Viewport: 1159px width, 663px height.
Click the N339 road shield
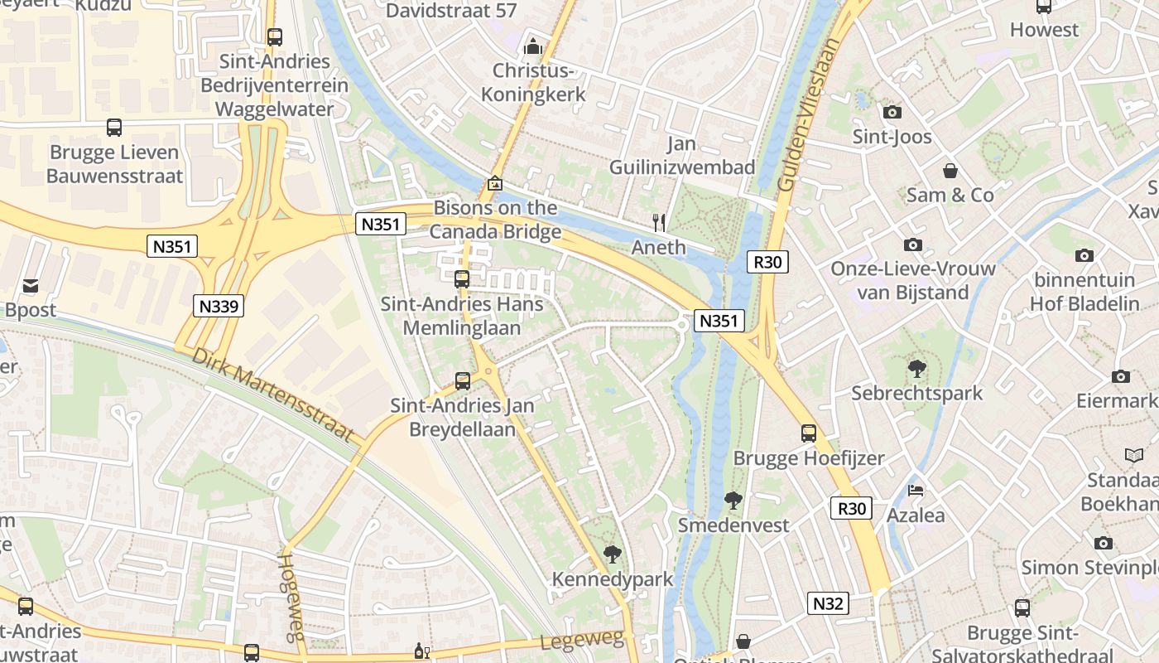(219, 306)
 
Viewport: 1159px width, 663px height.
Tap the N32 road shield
(828, 603)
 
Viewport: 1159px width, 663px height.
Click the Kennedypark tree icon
(612, 554)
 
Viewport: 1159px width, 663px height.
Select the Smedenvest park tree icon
(733, 500)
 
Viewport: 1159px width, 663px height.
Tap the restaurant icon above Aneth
(659, 222)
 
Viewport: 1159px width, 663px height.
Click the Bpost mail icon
(31, 286)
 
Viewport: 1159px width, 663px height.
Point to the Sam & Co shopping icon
(950, 171)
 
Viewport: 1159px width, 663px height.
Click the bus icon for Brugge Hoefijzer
(808, 433)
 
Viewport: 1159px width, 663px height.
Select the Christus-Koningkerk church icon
(534, 46)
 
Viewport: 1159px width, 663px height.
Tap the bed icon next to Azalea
(915, 491)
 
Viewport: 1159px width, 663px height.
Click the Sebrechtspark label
(916, 393)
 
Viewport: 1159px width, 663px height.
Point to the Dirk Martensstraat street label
(273, 394)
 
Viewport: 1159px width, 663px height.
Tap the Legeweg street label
(581, 640)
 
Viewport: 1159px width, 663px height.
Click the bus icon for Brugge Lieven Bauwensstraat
(114, 128)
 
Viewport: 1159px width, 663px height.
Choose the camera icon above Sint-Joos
(892, 112)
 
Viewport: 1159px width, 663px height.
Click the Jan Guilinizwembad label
(682, 155)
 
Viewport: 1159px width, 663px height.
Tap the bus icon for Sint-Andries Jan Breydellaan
(463, 381)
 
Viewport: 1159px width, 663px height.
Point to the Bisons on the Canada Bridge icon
(495, 183)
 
